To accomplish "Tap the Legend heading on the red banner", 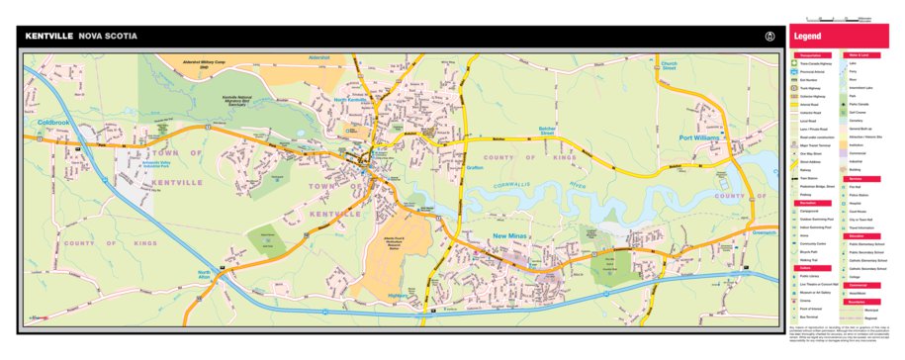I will click(808, 37).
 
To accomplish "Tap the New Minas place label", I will click(513, 236).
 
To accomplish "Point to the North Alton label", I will click(204, 275).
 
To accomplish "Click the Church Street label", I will click(675, 65).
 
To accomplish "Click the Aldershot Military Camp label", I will click(207, 64).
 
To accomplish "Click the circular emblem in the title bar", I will click(769, 37).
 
